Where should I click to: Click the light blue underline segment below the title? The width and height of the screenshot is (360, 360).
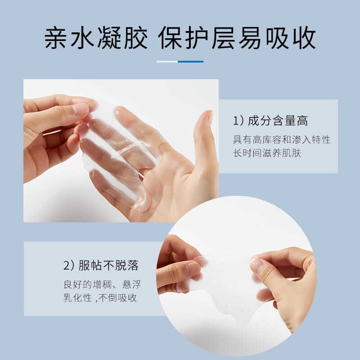(x=167, y=62)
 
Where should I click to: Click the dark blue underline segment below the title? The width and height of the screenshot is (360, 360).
(x=191, y=62)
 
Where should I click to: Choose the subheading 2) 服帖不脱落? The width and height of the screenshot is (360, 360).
(x=100, y=265)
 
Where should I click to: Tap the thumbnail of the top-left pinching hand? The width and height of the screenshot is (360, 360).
(x=80, y=109)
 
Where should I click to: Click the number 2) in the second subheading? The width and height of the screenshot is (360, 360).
(x=68, y=265)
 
